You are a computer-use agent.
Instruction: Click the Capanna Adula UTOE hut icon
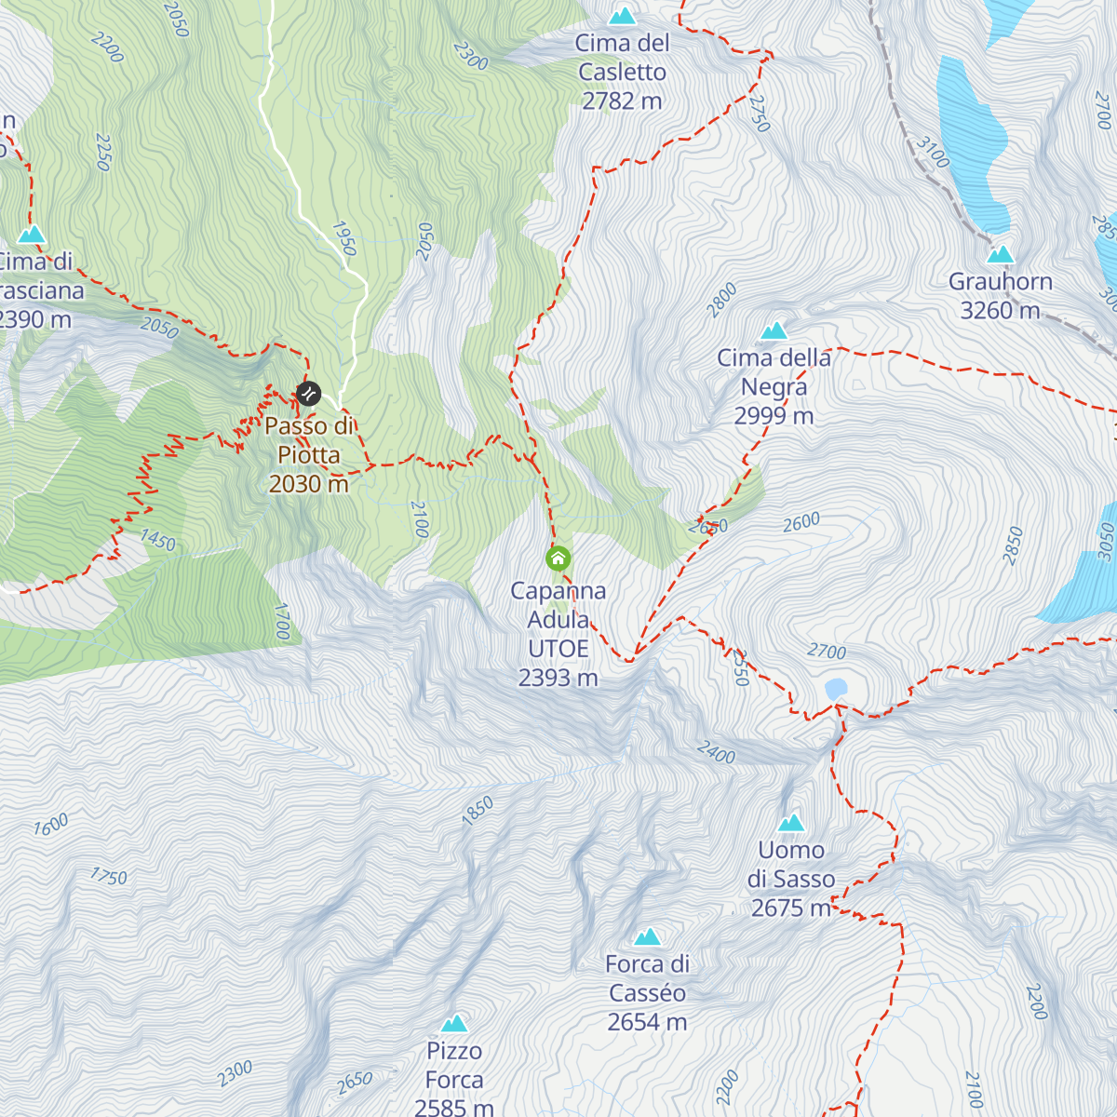pos(558,558)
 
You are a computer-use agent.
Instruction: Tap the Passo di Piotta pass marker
pos(308,394)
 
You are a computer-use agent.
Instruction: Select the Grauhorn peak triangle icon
pos(1000,254)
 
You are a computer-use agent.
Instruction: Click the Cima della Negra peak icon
pos(774,330)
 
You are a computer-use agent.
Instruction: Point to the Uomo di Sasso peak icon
pos(791,822)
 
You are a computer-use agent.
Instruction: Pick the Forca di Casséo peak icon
pos(648,936)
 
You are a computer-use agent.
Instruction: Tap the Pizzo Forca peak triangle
pos(454,1023)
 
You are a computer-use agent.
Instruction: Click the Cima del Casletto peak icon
pos(622,16)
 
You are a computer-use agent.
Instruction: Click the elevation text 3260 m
pos(1000,311)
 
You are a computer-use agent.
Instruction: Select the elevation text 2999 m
pos(774,416)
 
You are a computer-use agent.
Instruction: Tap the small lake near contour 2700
pos(836,688)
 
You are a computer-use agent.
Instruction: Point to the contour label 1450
pos(157,540)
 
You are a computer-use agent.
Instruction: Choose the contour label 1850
pos(478,811)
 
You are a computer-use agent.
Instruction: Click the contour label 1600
pos(51,825)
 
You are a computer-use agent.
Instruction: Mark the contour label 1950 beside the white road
pos(343,238)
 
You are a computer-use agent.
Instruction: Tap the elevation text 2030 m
pos(308,484)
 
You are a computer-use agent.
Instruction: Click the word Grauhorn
pos(1000,282)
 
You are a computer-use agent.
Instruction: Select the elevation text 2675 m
pos(791,908)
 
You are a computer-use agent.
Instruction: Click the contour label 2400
pos(716,752)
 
